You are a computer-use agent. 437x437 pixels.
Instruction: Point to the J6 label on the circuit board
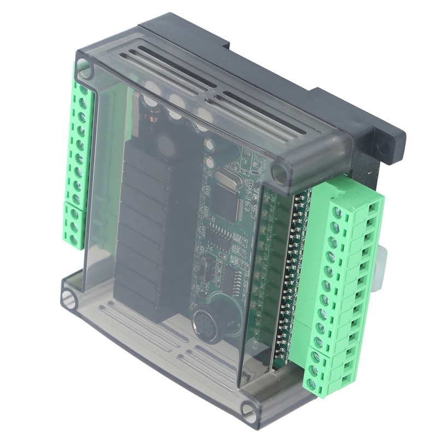tap(210, 251)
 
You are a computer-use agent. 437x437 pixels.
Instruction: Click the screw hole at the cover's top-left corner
tap(84, 68)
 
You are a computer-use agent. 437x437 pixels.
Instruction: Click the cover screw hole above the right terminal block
tap(280, 174)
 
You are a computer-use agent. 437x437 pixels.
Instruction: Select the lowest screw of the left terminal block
tap(72, 239)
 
